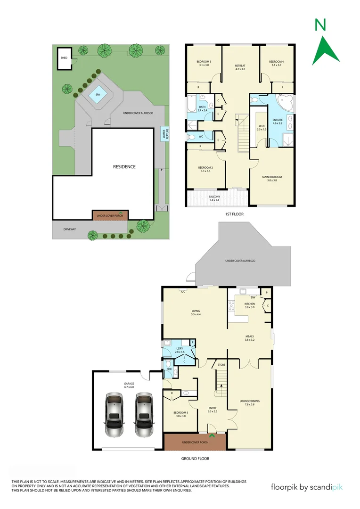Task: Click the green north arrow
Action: click(326, 43)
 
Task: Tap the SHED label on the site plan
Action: click(64, 58)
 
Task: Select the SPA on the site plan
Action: click(98, 95)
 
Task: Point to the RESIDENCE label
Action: click(124, 166)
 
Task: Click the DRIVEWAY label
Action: click(70, 230)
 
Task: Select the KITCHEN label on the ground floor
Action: click(249, 305)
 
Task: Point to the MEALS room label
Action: click(249, 337)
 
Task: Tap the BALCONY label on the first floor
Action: click(214, 197)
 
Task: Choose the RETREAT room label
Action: click(240, 66)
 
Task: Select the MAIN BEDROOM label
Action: click(272, 178)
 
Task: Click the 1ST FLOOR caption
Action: click(234, 214)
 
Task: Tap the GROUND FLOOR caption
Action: click(195, 458)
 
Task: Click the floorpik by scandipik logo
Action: click(307, 487)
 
